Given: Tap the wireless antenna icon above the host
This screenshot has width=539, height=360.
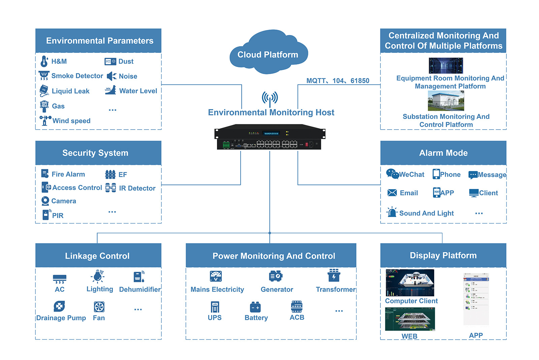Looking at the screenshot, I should [x=270, y=98].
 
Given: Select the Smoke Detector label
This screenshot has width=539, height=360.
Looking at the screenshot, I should [x=77, y=76].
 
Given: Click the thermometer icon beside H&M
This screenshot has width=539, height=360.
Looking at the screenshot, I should [x=44, y=61].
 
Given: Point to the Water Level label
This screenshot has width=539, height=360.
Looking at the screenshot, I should [x=138, y=91].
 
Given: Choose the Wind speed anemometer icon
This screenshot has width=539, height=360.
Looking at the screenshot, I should [x=45, y=120].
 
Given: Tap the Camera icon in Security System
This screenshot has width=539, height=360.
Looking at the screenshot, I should [x=45, y=201].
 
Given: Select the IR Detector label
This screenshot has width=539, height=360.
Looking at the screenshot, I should [x=137, y=188].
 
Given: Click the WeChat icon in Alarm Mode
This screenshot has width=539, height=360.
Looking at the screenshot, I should [x=392, y=174].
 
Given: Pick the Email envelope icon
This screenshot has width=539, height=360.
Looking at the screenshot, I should [x=392, y=193].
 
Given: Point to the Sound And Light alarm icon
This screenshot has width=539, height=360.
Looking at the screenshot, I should [x=392, y=212].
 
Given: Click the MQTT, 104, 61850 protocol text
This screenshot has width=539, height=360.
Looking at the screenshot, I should [x=338, y=81].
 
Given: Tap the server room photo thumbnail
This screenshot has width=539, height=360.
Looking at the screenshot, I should [x=446, y=66].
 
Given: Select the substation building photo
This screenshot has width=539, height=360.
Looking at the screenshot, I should [x=446, y=101].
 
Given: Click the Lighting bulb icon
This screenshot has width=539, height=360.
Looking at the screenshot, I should [x=98, y=276].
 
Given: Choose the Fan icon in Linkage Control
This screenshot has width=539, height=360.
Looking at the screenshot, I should [x=99, y=307].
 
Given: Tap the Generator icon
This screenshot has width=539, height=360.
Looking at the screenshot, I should [x=276, y=276].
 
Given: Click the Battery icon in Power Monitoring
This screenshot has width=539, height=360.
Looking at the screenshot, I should [x=255, y=307].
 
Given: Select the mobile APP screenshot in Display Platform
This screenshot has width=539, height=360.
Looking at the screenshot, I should [x=476, y=299].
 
